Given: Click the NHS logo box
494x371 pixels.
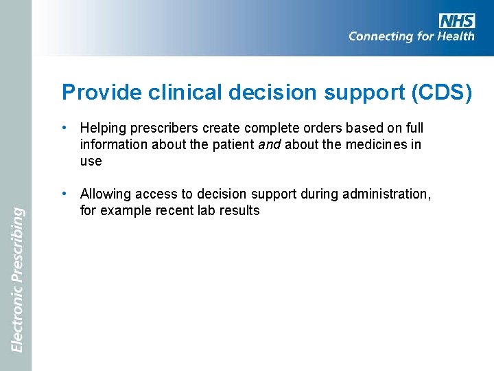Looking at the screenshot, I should pos(457,21).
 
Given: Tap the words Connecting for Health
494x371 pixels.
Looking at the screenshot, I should pos(411,36).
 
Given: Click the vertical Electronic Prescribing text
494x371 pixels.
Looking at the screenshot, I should pos(18,280).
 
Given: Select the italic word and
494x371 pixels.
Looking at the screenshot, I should pos(270,145).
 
